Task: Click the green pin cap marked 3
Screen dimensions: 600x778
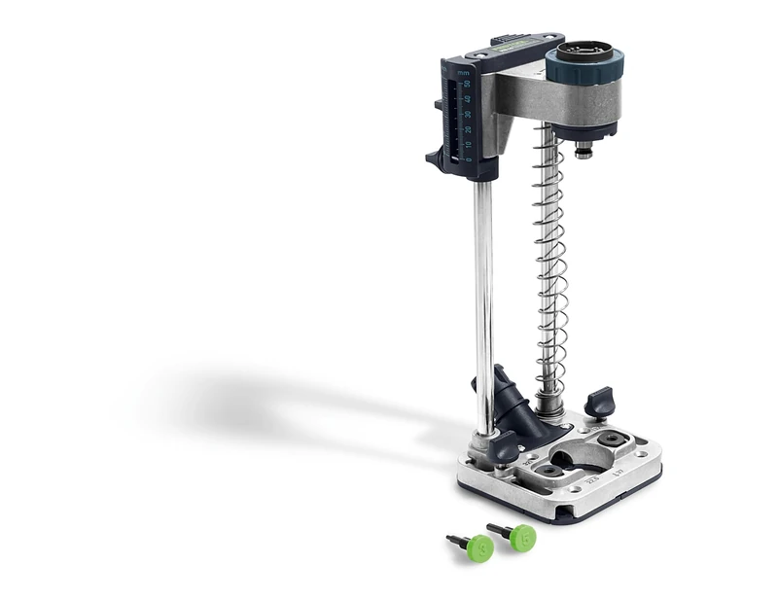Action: [479, 547]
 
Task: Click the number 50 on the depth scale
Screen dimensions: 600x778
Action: [468, 84]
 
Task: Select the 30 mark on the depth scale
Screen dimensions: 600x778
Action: [468, 115]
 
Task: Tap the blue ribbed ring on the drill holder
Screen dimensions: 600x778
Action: [583, 68]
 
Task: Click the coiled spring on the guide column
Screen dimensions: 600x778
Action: [550, 263]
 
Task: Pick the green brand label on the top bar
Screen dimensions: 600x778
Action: [512, 43]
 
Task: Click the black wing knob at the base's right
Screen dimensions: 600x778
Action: [601, 400]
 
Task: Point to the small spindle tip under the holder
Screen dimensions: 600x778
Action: [584, 151]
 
